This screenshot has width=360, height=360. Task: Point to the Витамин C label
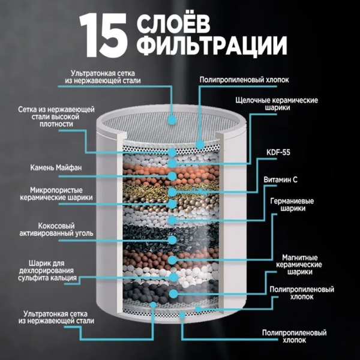click(280, 179)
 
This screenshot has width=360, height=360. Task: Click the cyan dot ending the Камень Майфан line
click(172, 176)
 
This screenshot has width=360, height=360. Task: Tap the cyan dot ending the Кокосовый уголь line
click(172, 239)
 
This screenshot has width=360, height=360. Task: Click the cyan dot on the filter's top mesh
click(172, 120)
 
